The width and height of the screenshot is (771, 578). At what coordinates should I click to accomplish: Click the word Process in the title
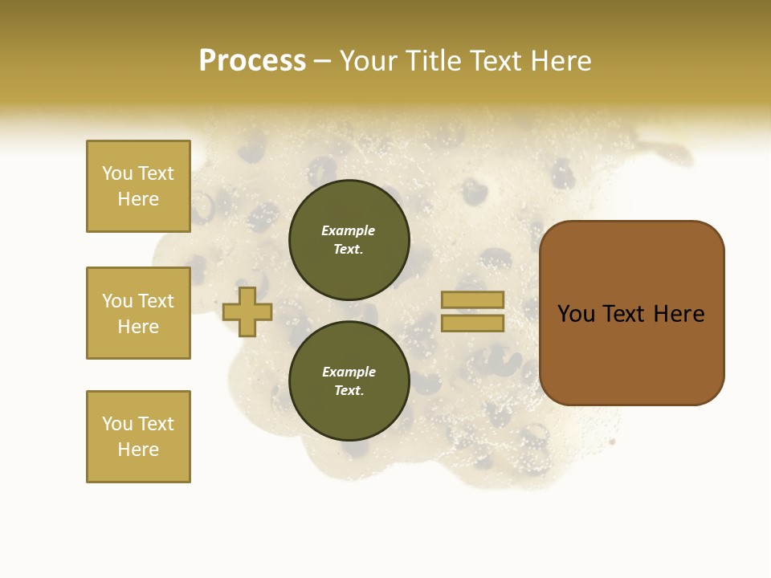(x=252, y=61)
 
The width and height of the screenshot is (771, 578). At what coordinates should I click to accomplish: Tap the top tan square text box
(x=138, y=186)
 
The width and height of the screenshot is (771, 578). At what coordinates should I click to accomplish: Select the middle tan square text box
(x=138, y=313)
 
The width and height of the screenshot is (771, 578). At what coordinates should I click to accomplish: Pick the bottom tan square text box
(x=138, y=437)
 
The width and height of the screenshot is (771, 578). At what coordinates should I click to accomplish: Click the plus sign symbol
(x=247, y=311)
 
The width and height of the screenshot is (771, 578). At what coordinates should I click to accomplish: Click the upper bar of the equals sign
(x=473, y=300)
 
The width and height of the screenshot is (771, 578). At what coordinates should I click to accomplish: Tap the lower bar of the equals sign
(x=473, y=323)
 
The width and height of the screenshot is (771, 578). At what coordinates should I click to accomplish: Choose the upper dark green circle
(x=349, y=240)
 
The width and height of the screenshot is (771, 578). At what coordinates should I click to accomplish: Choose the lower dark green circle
(x=349, y=381)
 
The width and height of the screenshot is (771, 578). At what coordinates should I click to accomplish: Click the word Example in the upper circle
(x=349, y=230)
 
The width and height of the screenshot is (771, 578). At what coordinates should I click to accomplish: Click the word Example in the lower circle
(x=349, y=372)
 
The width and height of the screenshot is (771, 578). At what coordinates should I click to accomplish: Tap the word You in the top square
(x=116, y=173)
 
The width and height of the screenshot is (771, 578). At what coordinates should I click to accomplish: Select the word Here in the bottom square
(x=138, y=450)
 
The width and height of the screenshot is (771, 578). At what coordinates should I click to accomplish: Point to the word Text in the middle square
(x=155, y=301)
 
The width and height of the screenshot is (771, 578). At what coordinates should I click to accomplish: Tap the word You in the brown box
(x=576, y=314)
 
